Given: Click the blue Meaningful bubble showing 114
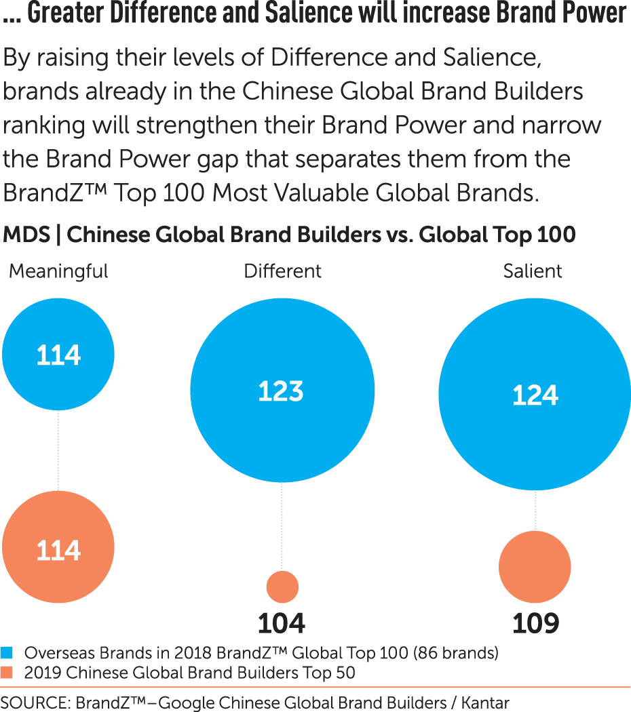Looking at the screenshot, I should pos(58,354).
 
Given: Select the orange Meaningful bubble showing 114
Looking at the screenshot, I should pos(58,548).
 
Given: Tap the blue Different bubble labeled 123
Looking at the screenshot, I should pos(282,391).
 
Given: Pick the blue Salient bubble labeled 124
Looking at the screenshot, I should pos(535,394).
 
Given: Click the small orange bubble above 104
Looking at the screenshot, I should pos(282,587).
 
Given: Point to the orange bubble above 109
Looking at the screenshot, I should pos(535,568).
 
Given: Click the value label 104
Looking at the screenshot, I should pos(282,622).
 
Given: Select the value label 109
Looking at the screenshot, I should pos(535,622).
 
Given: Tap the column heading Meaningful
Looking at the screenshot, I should pos(58,271).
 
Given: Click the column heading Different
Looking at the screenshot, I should pos(282,271).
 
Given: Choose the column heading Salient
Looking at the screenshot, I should pos(533,271).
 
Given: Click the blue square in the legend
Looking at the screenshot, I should pos(7,653).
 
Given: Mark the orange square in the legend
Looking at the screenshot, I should pos(7,673).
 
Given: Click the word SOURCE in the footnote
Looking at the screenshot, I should pos(35,702).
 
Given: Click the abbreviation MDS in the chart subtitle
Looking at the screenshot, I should pos(26,235).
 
